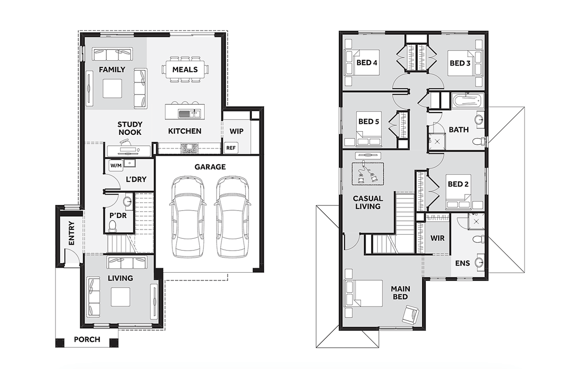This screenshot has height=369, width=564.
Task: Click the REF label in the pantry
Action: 231,148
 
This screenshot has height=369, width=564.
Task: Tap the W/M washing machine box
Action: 116,165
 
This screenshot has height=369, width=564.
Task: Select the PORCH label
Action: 87,339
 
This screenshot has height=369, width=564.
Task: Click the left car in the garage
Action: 188,217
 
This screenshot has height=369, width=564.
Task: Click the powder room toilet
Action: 112,226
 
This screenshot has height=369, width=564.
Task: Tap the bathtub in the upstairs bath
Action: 468,101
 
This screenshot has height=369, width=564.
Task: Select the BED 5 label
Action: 368,121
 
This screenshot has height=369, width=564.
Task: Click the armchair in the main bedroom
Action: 410,314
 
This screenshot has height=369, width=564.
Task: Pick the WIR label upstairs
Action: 438,238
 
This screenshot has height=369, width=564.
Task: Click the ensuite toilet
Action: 478,239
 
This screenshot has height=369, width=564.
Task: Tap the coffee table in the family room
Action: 112,88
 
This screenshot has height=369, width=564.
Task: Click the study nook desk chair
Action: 125,142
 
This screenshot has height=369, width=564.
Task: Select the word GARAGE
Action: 210,167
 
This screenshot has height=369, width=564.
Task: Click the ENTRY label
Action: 72,233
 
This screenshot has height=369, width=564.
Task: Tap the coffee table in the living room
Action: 121,297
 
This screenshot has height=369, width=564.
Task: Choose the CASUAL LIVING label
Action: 368,202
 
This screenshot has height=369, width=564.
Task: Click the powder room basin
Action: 127,201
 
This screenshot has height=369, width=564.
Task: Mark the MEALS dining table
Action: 185,69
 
